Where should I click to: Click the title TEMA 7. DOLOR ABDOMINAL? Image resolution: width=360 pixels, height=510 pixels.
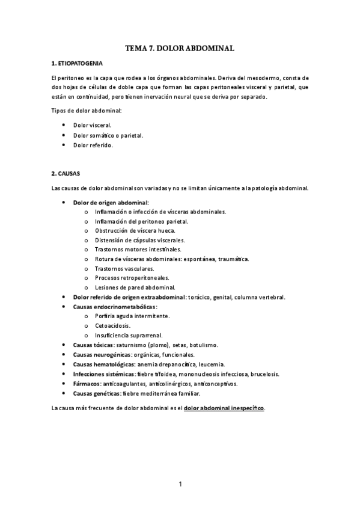coord(180,46)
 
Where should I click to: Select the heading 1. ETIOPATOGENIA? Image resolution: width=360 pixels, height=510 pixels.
coord(77,63)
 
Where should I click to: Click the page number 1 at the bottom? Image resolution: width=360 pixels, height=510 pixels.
coord(180,483)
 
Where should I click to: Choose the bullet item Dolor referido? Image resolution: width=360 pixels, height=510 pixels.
coord(93,145)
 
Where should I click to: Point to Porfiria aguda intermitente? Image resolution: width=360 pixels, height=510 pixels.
coord(132,316)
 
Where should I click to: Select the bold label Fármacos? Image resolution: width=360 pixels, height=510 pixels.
coord(86,383)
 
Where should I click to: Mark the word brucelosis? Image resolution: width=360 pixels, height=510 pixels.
coord(265,373)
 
